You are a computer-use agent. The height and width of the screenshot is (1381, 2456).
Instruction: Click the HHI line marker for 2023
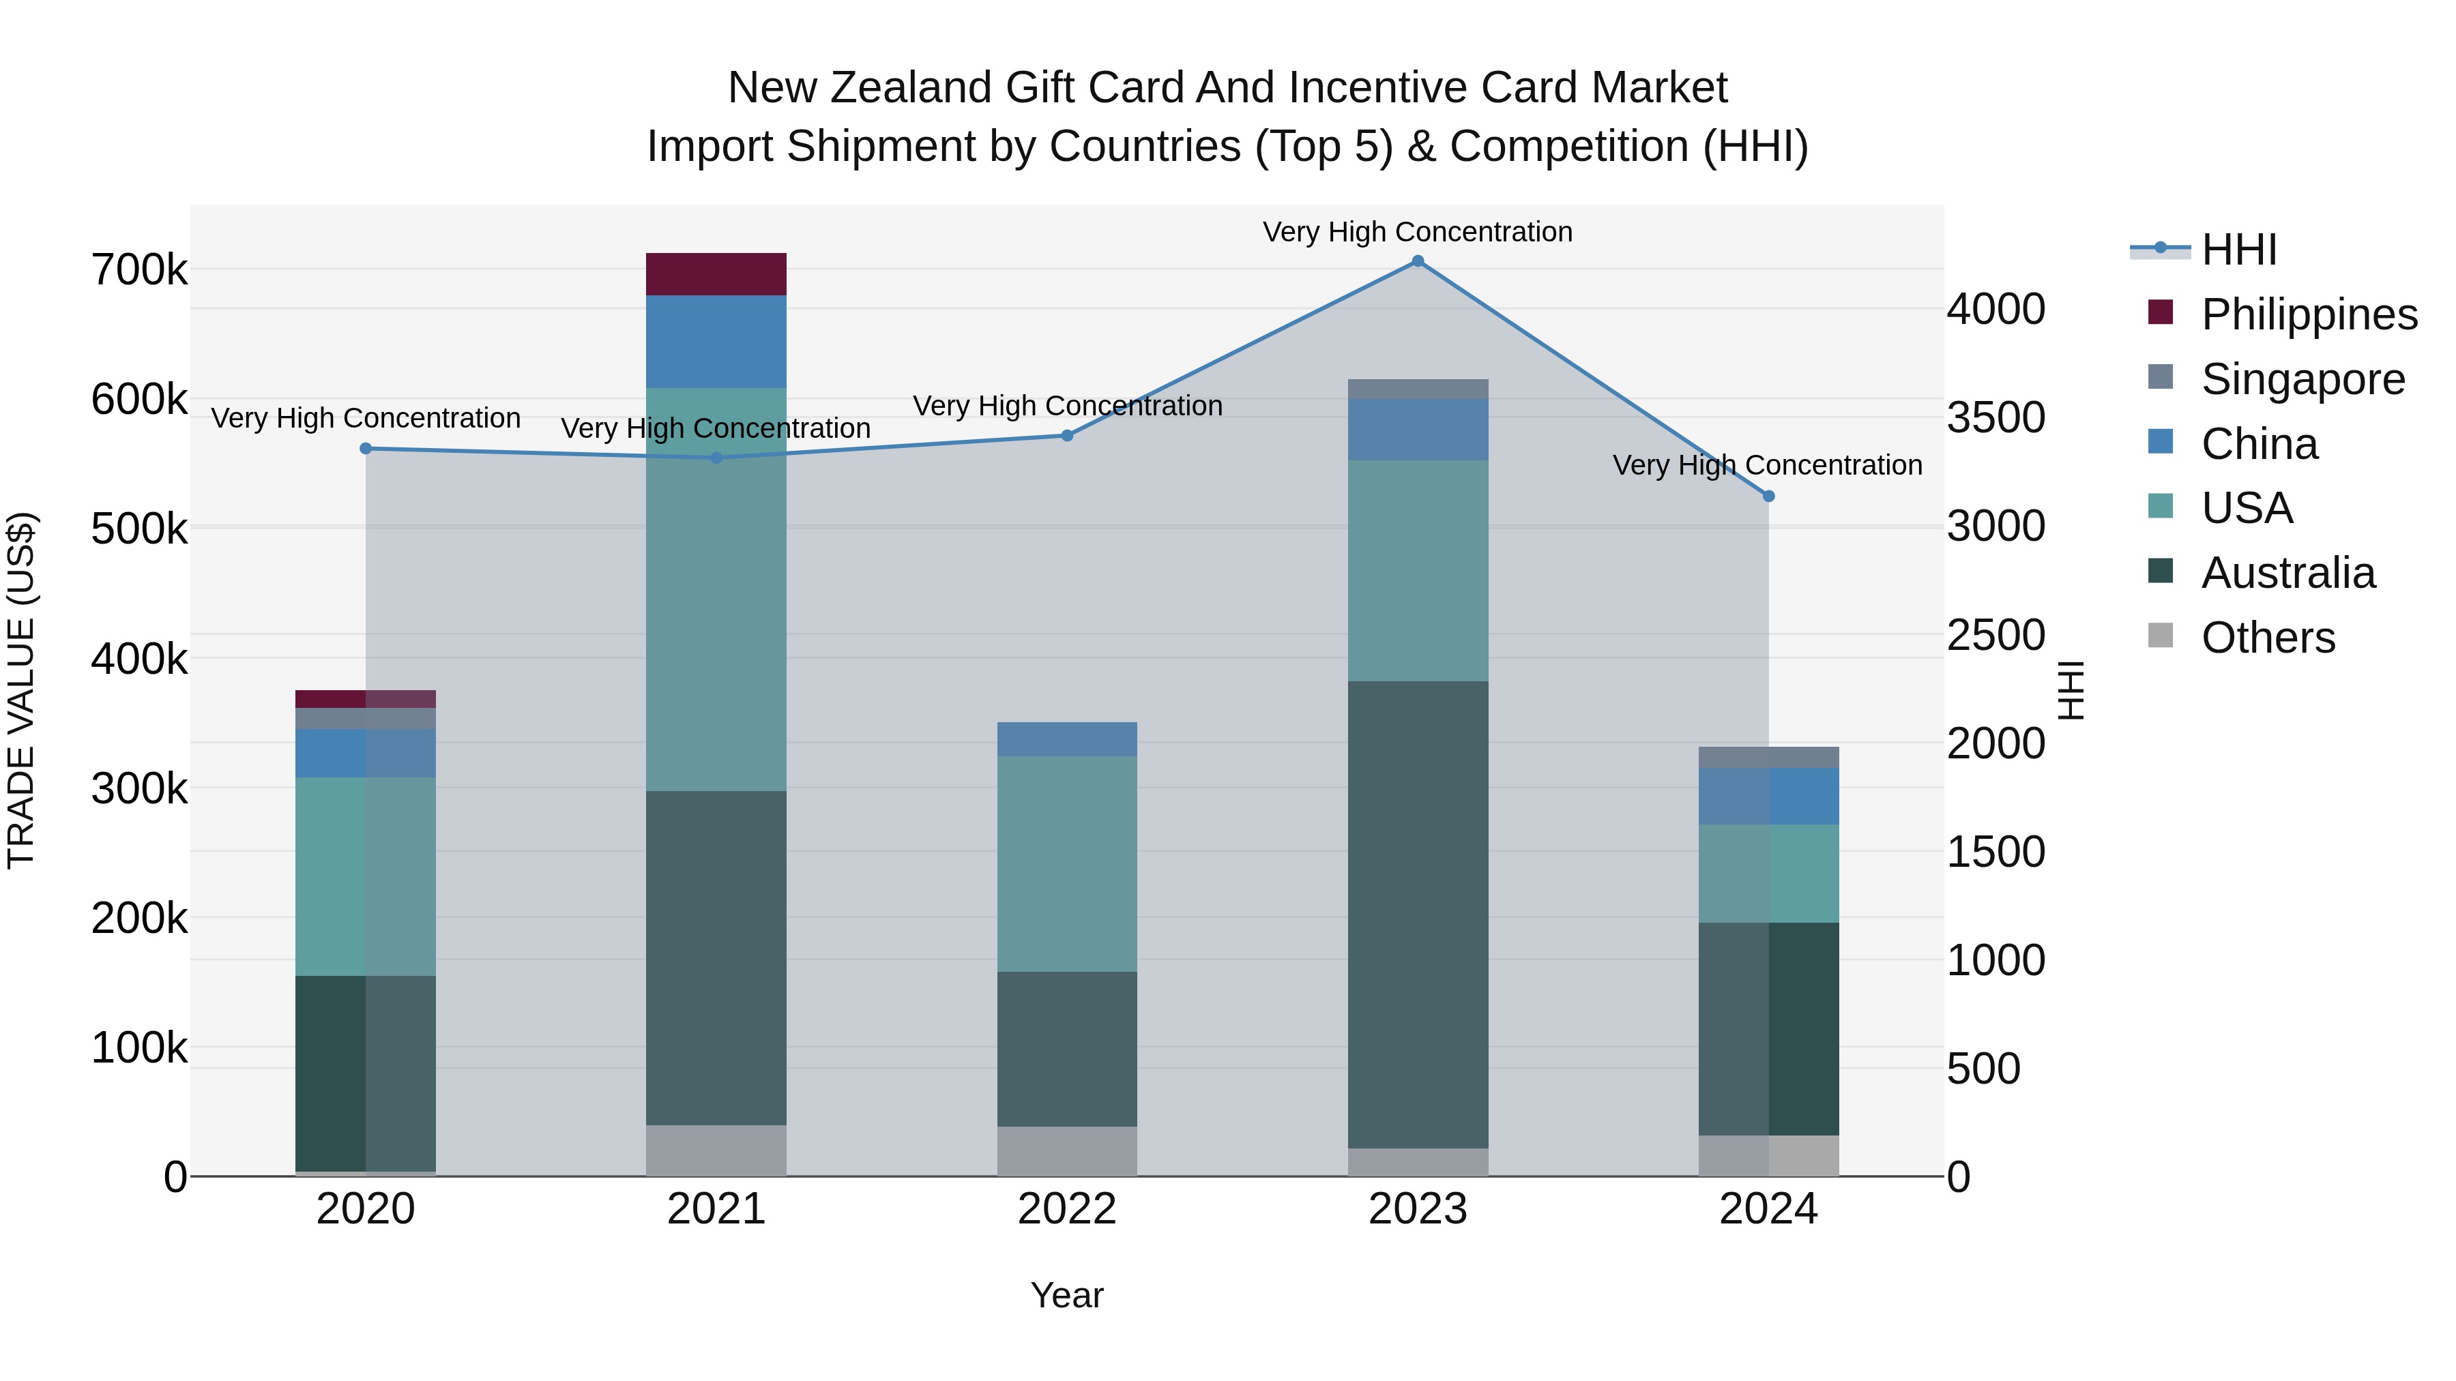point(1418,261)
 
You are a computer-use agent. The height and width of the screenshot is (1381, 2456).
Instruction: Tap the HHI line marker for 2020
point(366,449)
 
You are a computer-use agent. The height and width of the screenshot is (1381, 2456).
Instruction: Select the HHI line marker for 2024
point(1768,496)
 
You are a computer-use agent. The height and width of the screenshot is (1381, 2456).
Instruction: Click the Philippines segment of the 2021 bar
point(716,274)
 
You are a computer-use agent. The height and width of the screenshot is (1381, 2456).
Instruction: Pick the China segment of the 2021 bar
point(716,341)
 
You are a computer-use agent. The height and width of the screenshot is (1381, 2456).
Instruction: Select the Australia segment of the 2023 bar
point(1418,915)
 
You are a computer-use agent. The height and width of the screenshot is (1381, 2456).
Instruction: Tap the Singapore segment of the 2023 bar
point(1418,389)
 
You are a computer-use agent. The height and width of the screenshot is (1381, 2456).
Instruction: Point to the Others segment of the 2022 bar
point(1067,1151)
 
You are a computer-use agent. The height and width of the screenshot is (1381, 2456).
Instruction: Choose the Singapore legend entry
point(2302,379)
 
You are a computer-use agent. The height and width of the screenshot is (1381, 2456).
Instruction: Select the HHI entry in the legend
point(2238,250)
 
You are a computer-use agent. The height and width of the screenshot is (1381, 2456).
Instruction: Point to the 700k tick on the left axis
point(139,271)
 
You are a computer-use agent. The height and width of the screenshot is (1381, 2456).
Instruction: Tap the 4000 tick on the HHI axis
point(1995,310)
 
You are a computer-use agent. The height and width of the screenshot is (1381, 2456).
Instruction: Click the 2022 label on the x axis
point(1067,1209)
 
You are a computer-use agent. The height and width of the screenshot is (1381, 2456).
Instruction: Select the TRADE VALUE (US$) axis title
point(21,690)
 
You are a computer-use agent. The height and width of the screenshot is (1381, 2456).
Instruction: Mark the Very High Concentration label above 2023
point(1418,233)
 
